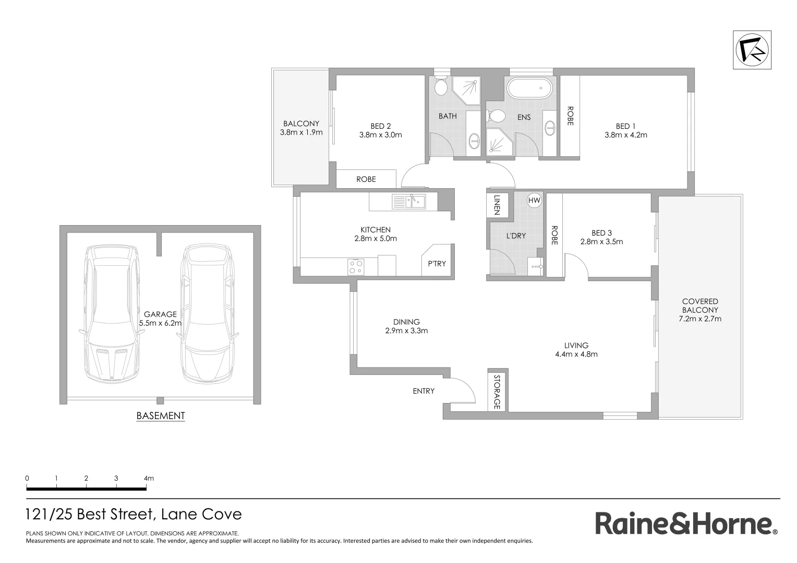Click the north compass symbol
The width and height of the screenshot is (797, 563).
pos(752,50)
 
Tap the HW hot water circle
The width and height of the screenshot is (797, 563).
pos(534,200)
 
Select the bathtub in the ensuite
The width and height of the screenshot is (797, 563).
pos(529,88)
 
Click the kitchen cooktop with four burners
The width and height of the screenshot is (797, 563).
pos(356,266)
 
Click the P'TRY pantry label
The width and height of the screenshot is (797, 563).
pos(437,264)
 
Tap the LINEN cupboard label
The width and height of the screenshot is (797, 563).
pos(497,205)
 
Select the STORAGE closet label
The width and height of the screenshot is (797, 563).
pos(497,391)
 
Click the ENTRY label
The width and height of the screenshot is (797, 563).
pos(423,391)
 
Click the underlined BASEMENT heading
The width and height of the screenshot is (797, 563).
pos(160,416)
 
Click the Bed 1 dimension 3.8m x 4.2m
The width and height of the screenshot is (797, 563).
pos(625,135)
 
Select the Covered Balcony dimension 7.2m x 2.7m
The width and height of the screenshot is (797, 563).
pos(699,319)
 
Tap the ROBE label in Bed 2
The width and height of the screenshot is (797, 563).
pos(366,179)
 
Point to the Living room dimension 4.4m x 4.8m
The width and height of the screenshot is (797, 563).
pos(576,354)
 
